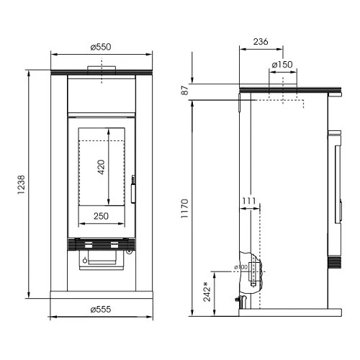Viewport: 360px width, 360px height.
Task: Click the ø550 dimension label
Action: [x=101, y=47]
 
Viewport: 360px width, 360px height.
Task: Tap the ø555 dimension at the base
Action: [x=101, y=310]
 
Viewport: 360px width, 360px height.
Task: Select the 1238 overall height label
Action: [x=21, y=185]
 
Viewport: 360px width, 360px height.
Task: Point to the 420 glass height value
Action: [x=101, y=167]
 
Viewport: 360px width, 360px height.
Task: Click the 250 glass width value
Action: [x=101, y=216]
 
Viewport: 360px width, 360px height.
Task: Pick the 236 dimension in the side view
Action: [x=261, y=42]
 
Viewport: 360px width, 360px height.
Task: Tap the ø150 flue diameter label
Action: [x=282, y=65]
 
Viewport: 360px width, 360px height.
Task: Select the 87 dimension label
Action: [x=185, y=91]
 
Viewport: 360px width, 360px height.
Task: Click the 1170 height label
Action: [x=185, y=208]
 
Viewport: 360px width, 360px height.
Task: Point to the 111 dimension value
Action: [x=249, y=201]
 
